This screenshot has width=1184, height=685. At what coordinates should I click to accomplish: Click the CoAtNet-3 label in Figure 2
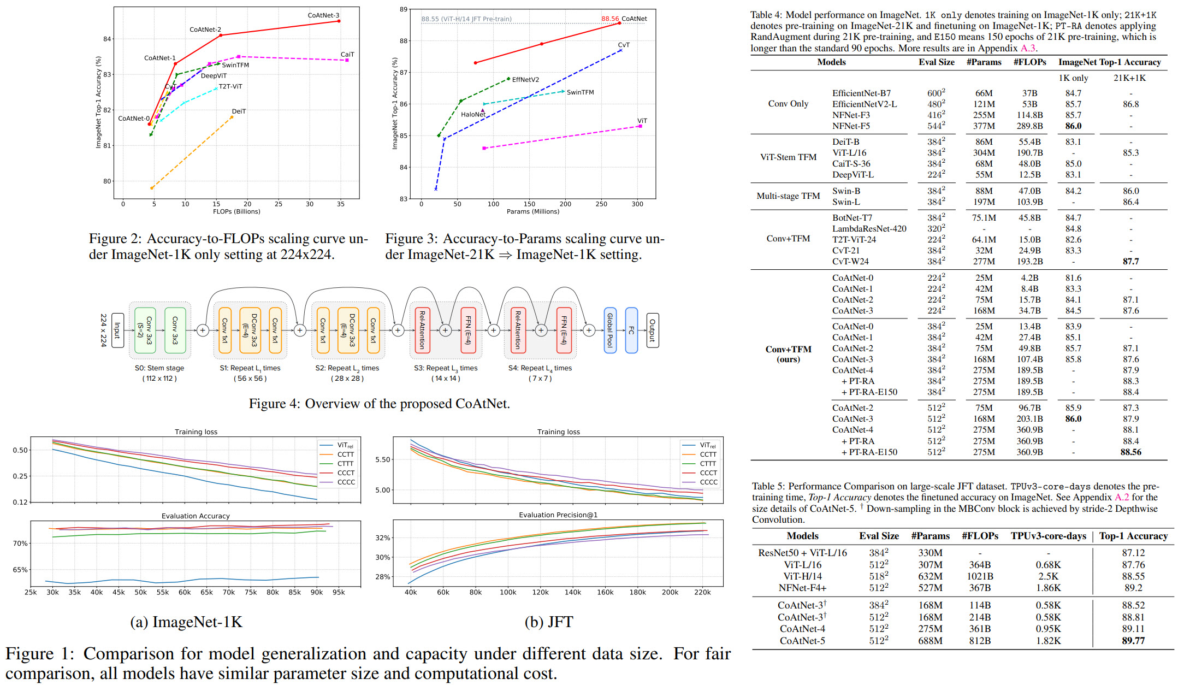pyautogui.click(x=323, y=15)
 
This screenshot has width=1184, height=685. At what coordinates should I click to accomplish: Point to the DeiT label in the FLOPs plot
pyautogui.click(x=239, y=111)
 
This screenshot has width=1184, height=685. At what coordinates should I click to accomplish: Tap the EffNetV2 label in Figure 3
pyautogui.click(x=525, y=80)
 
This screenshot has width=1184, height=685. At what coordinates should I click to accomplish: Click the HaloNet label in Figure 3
pyautogui.click(x=472, y=115)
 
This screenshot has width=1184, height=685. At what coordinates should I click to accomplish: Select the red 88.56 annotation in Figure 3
pyautogui.click(x=610, y=19)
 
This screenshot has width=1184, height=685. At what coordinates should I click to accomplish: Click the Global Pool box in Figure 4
pyautogui.click(x=610, y=330)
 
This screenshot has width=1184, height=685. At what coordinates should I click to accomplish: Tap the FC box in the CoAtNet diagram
pyautogui.click(x=631, y=330)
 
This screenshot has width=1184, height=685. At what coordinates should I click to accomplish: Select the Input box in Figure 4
pyautogui.click(x=117, y=330)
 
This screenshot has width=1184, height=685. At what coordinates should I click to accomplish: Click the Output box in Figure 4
pyautogui.click(x=652, y=330)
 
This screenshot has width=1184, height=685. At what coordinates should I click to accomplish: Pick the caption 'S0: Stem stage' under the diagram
pyautogui.click(x=159, y=368)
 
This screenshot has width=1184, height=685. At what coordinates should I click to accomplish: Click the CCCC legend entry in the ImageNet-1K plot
pyautogui.click(x=346, y=482)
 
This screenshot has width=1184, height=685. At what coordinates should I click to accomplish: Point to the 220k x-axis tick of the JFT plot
pyautogui.click(x=702, y=592)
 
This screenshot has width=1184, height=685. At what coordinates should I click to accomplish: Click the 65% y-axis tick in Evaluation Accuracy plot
pyautogui.click(x=20, y=570)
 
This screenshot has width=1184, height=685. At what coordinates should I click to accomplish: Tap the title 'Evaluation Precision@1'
pyautogui.click(x=558, y=515)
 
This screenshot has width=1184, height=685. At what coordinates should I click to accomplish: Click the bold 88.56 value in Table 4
pyautogui.click(x=1130, y=452)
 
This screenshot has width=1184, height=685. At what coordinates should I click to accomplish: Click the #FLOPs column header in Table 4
pyautogui.click(x=1029, y=62)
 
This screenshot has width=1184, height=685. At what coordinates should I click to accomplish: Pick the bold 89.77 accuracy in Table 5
pyautogui.click(x=1133, y=641)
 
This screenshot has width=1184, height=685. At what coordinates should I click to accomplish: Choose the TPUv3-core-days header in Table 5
pyautogui.click(x=1048, y=536)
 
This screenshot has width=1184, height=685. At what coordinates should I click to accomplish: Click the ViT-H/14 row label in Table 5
pyautogui.click(x=802, y=576)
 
